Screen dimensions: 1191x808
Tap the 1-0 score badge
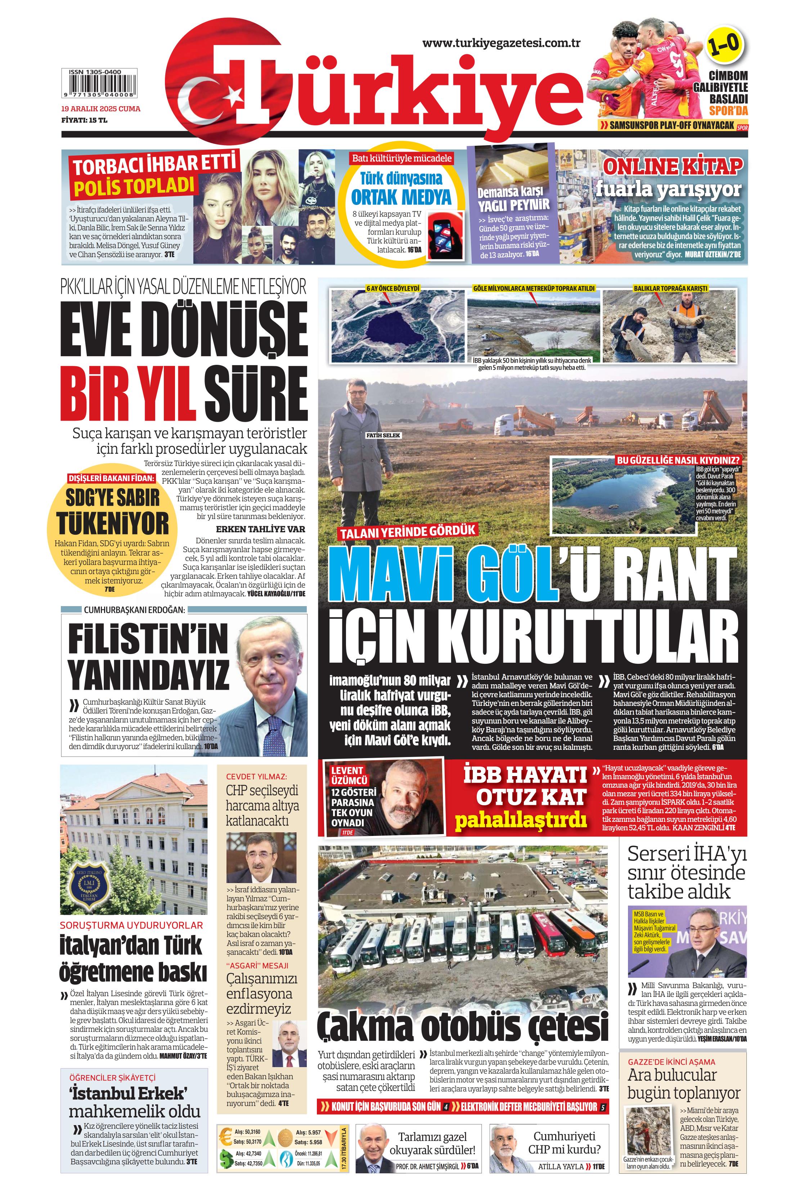pos(723,46)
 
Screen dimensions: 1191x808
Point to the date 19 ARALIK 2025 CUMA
pos(100,109)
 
